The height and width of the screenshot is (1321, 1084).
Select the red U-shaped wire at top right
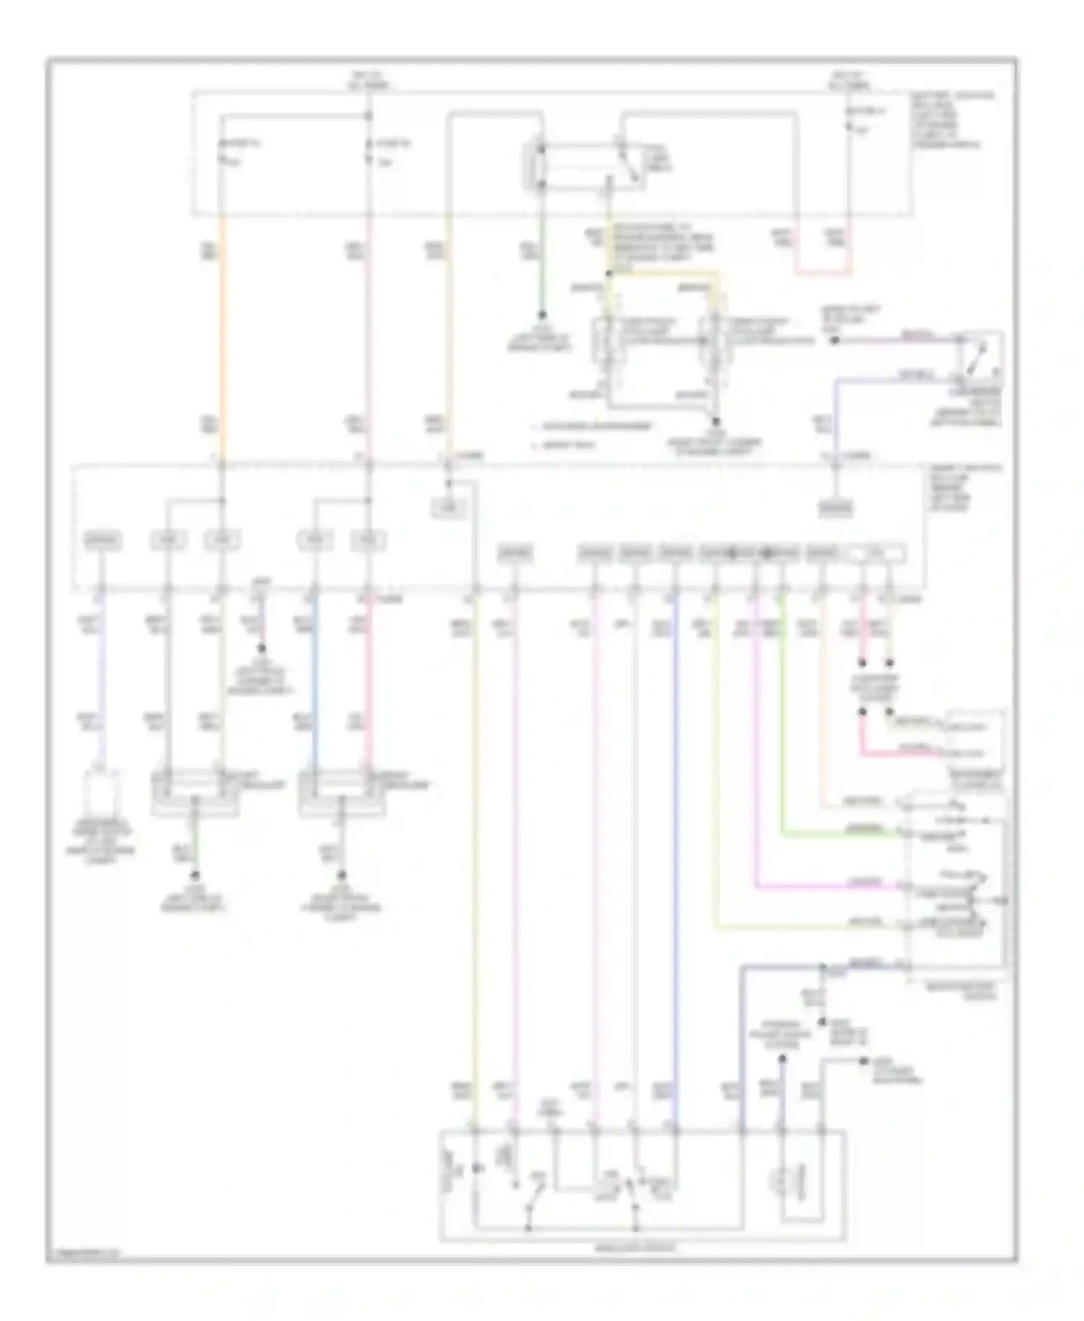(824, 273)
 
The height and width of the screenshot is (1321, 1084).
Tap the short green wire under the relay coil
(541, 282)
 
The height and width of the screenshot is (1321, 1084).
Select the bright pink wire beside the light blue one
(369, 687)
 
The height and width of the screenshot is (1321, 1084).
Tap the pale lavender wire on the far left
(103, 687)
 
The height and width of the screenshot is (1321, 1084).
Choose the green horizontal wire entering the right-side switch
(838, 835)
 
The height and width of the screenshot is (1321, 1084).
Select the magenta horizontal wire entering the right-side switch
(824, 885)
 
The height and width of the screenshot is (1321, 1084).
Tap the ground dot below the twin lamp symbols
(716, 421)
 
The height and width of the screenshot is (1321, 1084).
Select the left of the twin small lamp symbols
(603, 340)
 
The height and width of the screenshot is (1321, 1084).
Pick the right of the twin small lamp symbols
(713, 340)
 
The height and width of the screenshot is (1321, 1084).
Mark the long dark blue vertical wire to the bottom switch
(675, 867)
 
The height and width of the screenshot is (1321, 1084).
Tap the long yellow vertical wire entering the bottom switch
(476, 867)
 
